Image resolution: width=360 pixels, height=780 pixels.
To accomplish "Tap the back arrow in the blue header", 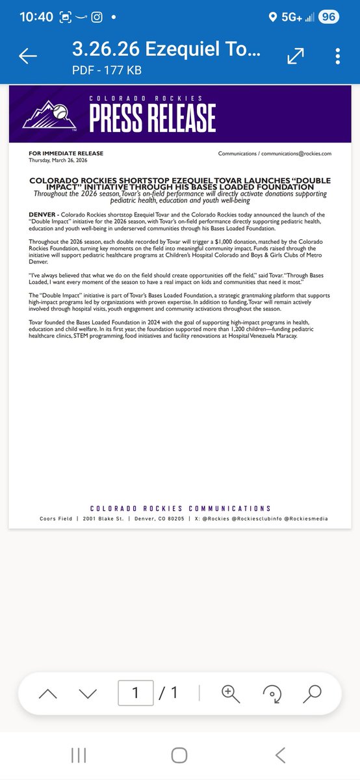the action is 28,57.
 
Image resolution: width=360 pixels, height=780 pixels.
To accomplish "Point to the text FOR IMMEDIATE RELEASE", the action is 66,153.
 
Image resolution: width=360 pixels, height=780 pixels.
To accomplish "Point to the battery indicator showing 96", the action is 327,17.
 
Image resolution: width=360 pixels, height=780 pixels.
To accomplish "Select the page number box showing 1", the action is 135,693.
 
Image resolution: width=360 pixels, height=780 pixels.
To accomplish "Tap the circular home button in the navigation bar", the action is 180,755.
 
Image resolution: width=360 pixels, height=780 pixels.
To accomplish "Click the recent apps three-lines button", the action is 79,755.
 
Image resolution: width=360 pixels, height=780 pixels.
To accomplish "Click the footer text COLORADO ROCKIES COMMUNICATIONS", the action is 180,508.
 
